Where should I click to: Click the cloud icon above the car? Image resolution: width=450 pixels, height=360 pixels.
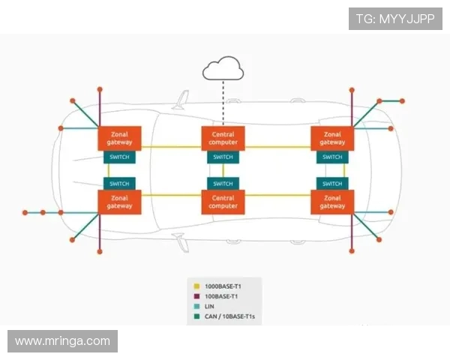(x=223, y=70)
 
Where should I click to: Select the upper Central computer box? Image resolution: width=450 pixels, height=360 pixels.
(x=223, y=138)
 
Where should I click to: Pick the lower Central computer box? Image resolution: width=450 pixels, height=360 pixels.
(x=223, y=202)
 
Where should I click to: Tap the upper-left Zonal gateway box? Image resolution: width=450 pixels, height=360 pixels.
(x=119, y=138)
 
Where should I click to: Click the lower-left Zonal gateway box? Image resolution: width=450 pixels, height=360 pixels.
(x=119, y=202)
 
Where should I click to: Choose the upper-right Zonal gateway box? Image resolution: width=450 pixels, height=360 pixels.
(x=332, y=138)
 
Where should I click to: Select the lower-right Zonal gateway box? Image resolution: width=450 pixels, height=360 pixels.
(x=332, y=202)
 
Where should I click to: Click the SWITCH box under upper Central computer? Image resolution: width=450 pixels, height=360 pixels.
(x=223, y=157)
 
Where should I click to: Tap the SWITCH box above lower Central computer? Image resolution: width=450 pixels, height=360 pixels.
(x=223, y=183)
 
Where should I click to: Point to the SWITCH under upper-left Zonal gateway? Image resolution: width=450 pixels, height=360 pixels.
(x=119, y=157)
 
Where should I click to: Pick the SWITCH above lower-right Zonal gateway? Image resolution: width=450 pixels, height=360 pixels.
(x=332, y=183)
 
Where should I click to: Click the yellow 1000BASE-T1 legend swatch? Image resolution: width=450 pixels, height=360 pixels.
(x=196, y=286)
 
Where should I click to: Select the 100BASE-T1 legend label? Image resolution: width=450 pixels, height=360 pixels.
(x=223, y=296)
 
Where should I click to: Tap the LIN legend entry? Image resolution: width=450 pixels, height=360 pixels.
(x=209, y=307)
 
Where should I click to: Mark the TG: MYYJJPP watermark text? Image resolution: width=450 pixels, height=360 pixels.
(x=395, y=19)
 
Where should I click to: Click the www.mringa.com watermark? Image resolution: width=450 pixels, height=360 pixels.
(x=62, y=341)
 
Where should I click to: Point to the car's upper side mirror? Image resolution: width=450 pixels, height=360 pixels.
(x=179, y=100)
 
